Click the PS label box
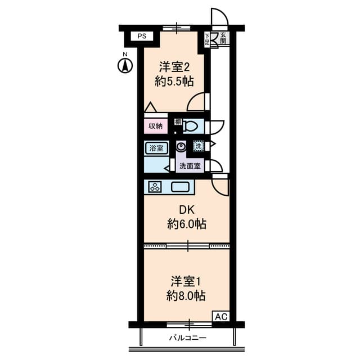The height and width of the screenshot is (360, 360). [141, 37]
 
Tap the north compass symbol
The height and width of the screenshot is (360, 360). [125, 65]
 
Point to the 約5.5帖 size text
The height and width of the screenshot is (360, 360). [174, 82]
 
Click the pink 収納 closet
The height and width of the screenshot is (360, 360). [156, 127]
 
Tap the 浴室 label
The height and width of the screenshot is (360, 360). [156, 148]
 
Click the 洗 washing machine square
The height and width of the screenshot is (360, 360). [198, 146]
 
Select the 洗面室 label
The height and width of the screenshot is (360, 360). [190, 166]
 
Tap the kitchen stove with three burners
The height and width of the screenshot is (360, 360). [154, 187]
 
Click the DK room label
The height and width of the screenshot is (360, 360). [186, 210]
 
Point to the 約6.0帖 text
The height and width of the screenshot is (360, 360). [186, 224]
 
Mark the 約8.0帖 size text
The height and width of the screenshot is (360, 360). [185, 296]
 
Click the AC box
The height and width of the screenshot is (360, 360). [220, 317]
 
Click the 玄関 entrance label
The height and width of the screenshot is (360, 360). [223, 38]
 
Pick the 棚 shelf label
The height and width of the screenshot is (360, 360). [178, 122]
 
